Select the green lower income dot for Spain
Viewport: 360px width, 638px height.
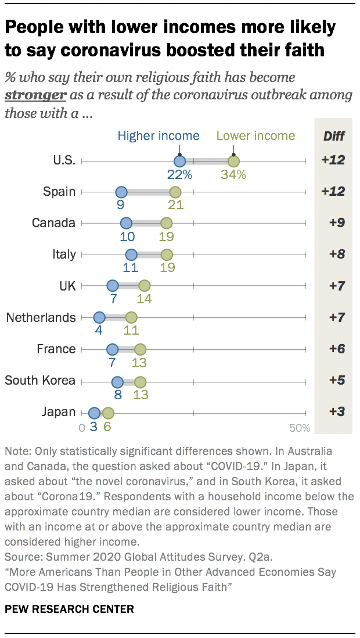175,192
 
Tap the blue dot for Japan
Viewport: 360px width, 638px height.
94,413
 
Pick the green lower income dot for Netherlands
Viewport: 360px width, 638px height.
131,318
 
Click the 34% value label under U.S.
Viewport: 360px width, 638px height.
233,174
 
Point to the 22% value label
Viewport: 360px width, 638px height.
179,174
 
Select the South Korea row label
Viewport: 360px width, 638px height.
40,381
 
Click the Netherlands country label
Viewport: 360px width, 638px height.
41,318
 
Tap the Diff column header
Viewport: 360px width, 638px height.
333,137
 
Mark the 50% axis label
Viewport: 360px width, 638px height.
300,428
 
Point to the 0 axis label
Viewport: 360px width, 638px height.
82,428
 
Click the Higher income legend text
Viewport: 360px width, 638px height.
159,136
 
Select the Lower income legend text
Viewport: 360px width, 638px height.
255,136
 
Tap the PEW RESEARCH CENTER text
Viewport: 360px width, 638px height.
69,610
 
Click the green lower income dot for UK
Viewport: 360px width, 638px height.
144,286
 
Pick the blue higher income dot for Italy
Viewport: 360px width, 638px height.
131,255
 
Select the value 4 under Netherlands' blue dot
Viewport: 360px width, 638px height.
99,331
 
